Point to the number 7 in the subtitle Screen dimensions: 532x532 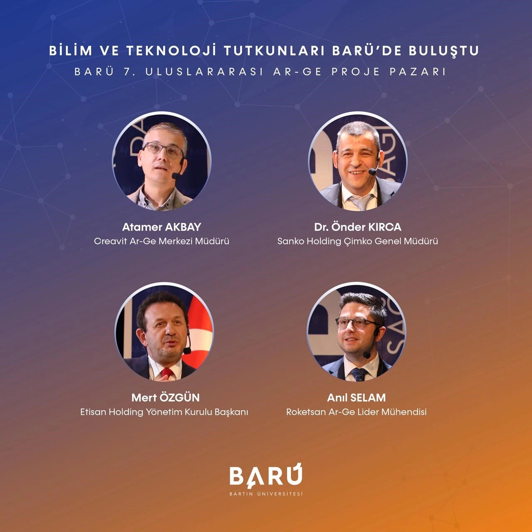(126, 72)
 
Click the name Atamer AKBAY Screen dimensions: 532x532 (162, 227)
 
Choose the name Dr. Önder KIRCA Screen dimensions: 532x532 (357, 227)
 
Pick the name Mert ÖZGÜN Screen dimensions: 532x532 (165, 398)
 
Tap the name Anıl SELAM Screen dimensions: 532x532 (356, 398)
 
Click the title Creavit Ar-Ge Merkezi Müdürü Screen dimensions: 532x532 (162, 241)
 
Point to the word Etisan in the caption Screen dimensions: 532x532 (94, 412)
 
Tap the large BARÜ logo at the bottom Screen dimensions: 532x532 (266, 477)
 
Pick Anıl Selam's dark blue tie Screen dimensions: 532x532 (359, 374)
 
